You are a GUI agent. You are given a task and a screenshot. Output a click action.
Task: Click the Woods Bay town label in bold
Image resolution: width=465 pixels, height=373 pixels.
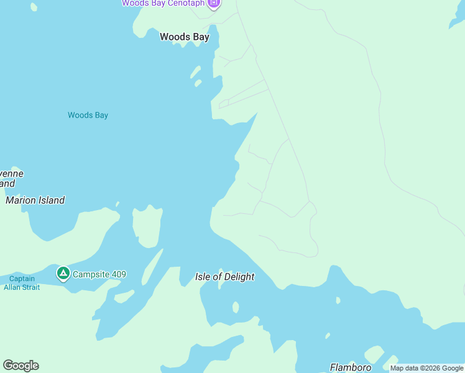tap(184, 37)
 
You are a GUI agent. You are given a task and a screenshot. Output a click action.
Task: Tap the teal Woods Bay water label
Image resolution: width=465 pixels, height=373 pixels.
tap(88, 115)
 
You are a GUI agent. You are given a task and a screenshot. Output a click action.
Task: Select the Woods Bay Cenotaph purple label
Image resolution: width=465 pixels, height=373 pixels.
tap(163, 3)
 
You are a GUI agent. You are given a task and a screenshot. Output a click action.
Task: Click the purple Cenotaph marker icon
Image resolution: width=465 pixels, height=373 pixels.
tap(213, 3)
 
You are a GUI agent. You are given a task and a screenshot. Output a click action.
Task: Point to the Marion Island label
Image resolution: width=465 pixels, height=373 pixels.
tap(35, 200)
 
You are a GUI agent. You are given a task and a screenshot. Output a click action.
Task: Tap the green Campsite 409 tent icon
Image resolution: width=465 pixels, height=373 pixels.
tap(63, 273)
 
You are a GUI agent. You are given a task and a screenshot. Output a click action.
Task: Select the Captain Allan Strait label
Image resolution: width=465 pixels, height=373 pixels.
tap(22, 283)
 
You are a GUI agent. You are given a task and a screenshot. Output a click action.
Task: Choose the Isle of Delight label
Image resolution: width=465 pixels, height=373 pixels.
tap(224, 277)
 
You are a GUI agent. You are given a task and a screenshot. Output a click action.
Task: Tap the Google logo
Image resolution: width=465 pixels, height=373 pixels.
tap(21, 366)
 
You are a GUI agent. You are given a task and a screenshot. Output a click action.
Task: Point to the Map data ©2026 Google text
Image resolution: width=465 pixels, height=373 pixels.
tap(426, 368)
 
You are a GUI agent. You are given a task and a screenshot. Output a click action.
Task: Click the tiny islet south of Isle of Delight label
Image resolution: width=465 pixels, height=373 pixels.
tap(236, 307)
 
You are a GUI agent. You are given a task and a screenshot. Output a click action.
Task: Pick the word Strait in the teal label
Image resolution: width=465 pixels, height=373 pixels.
tap(30, 287)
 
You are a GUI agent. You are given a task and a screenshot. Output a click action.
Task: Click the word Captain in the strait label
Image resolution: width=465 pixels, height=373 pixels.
tap(22, 279)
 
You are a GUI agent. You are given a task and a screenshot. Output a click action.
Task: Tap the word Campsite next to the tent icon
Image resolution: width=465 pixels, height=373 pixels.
tap(90, 274)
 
